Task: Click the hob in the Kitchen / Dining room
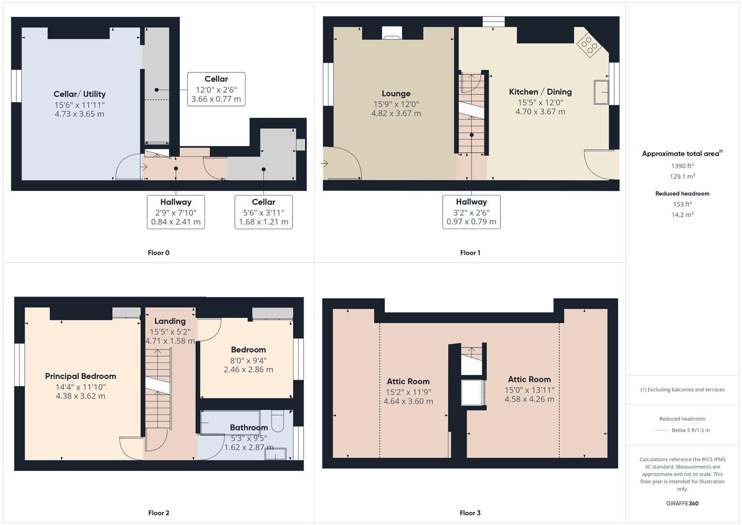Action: [x=588, y=45]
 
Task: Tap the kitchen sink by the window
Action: [x=602, y=92]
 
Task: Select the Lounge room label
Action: [x=396, y=94]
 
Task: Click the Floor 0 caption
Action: [x=158, y=253]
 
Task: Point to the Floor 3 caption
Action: [x=470, y=513]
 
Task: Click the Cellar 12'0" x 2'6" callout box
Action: [x=216, y=89]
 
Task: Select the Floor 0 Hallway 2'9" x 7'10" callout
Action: [x=176, y=212]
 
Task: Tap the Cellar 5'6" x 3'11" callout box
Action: [x=263, y=212]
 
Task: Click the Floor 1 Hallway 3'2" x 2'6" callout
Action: [x=471, y=212]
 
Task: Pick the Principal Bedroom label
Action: [x=81, y=376]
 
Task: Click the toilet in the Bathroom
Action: [x=277, y=421]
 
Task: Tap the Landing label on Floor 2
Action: [x=170, y=321]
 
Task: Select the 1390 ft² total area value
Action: [x=682, y=166]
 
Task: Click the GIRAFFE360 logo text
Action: [x=682, y=504]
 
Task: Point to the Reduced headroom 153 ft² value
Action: [x=682, y=204]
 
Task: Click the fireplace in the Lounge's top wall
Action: [x=392, y=33]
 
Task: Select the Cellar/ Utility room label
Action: [x=80, y=94]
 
